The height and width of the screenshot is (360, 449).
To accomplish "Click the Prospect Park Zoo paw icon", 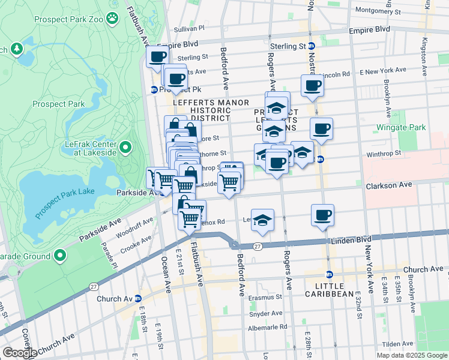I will tap(112, 18).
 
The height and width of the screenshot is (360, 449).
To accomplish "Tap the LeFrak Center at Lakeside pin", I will tap(125, 147).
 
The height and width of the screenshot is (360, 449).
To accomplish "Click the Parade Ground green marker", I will tap(60, 256).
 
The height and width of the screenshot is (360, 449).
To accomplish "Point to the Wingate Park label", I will tap(401, 128).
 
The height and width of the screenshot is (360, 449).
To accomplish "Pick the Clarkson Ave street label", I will tap(390, 185).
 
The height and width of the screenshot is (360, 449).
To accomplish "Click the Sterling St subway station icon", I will tap(312, 46).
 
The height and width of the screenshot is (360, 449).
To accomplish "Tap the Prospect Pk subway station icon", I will tap(154, 90).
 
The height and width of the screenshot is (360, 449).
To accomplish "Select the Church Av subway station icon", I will tap(137, 298).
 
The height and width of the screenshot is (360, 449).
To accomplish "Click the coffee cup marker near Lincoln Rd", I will tap(312, 85).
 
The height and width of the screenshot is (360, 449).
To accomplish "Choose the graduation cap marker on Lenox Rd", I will tap(262, 220).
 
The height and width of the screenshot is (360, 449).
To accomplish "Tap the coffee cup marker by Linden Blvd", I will tap(322, 215).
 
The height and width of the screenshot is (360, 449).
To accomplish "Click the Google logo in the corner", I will tap(19, 353).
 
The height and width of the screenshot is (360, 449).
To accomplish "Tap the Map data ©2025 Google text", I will tap(411, 355).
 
